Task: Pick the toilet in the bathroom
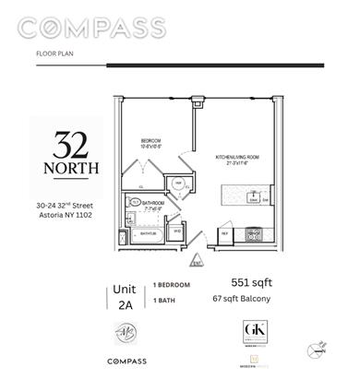point(135,203)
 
